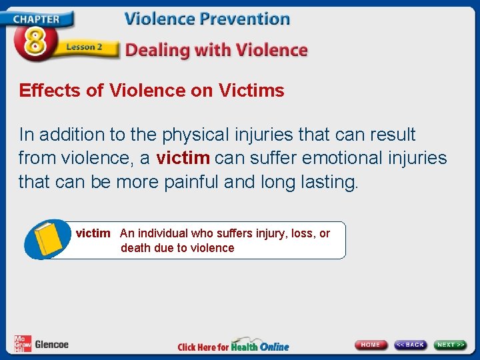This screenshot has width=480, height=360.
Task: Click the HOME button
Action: click(x=371, y=345)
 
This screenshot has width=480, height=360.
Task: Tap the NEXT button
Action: click(x=451, y=345)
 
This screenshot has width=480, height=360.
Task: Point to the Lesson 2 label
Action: click(x=85, y=48)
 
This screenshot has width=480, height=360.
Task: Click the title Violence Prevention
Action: click(x=207, y=19)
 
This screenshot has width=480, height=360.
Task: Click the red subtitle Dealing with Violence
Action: click(x=216, y=50)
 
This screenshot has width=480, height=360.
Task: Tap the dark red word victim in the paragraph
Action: click(x=183, y=158)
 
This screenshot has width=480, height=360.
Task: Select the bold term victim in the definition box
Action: click(x=93, y=233)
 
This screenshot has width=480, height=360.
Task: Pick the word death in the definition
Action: click(x=137, y=248)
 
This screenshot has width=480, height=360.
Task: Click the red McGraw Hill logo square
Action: click(x=22, y=344)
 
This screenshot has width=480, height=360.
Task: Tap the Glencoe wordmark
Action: click(x=51, y=345)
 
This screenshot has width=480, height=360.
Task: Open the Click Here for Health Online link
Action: click(x=233, y=346)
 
